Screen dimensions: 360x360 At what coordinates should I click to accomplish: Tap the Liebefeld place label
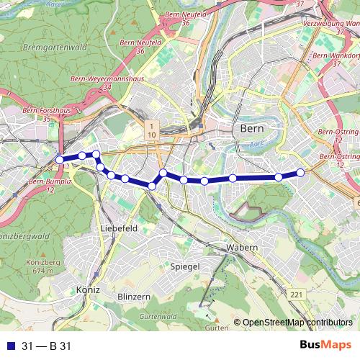click(x=120, y=228)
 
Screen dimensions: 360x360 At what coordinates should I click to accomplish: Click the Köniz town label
click(x=86, y=290)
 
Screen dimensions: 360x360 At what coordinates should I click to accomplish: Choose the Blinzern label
click(x=134, y=297)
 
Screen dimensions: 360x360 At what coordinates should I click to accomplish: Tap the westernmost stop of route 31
click(x=60, y=160)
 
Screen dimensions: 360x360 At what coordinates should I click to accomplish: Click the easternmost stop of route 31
click(x=301, y=172)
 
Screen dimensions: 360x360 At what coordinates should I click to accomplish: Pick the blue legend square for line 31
click(x=9, y=346)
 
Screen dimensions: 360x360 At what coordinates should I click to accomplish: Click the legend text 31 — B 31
click(x=46, y=346)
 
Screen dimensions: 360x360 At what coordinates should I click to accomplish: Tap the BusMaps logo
click(x=325, y=345)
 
